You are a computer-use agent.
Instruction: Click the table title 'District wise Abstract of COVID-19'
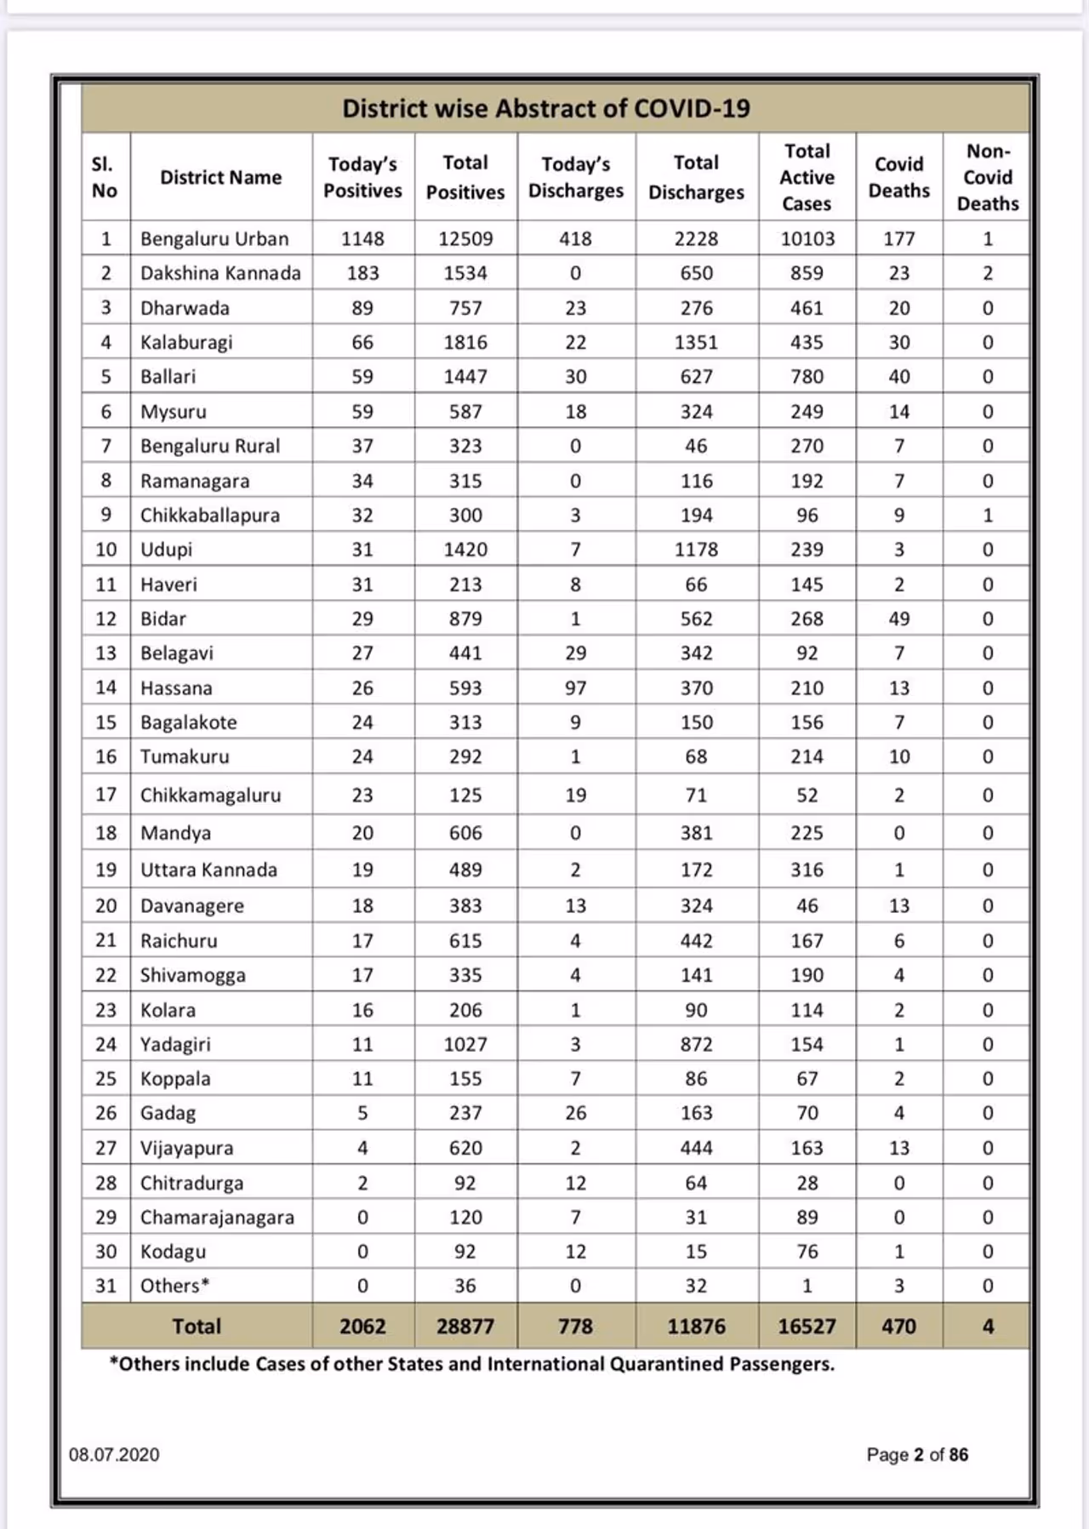pos(545,109)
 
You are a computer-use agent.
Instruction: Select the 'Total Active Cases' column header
pos(807,177)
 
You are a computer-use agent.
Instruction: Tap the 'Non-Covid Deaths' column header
pos(987,177)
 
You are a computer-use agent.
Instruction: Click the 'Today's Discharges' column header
pos(576,177)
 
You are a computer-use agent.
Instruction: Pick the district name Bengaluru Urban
pos(214,239)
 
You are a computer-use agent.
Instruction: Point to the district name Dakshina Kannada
pos(220,273)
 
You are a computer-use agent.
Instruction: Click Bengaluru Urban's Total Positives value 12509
pos(465,239)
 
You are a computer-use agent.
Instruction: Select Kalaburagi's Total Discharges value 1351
pos(696,342)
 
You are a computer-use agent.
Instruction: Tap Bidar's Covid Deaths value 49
pos(898,619)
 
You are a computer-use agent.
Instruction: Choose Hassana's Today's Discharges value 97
pos(576,687)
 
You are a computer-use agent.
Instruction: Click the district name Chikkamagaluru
pos(210,795)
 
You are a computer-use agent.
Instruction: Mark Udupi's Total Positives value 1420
pos(465,550)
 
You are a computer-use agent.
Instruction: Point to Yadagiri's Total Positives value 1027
pos(465,1044)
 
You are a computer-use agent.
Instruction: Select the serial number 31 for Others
pos(105,1286)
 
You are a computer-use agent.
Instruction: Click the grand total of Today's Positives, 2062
pos(362,1326)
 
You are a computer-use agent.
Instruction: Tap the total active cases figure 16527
pos(807,1326)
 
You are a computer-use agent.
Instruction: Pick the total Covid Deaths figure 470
pos(898,1326)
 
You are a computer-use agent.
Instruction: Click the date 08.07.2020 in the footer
pos(114,1454)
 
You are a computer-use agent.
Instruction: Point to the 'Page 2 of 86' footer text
pos(917,1454)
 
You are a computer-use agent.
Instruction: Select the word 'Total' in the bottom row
pos(197,1326)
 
